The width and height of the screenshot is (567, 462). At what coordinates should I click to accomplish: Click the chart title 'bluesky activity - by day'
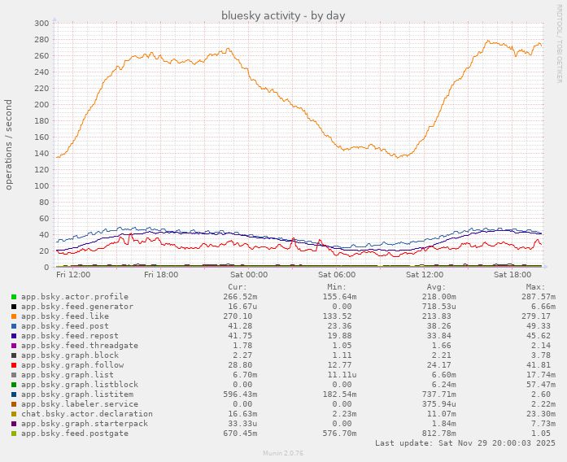pyautogui.click(x=283, y=15)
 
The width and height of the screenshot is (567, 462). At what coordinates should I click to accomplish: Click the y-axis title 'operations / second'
pyautogui.click(x=9, y=145)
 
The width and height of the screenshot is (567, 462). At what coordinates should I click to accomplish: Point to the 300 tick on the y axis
pyautogui.click(x=41, y=23)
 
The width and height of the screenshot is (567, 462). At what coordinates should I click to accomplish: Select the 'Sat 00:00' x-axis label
pyautogui.click(x=249, y=275)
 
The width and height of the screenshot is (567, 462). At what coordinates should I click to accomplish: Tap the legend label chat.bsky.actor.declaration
pyautogui.click(x=86, y=413)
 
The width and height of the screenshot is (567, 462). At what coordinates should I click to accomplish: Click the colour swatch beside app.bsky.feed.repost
pyautogui.click(x=14, y=336)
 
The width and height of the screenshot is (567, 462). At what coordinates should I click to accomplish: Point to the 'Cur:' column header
pyautogui.click(x=237, y=286)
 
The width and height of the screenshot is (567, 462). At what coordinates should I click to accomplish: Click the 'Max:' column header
pyautogui.click(x=534, y=286)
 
